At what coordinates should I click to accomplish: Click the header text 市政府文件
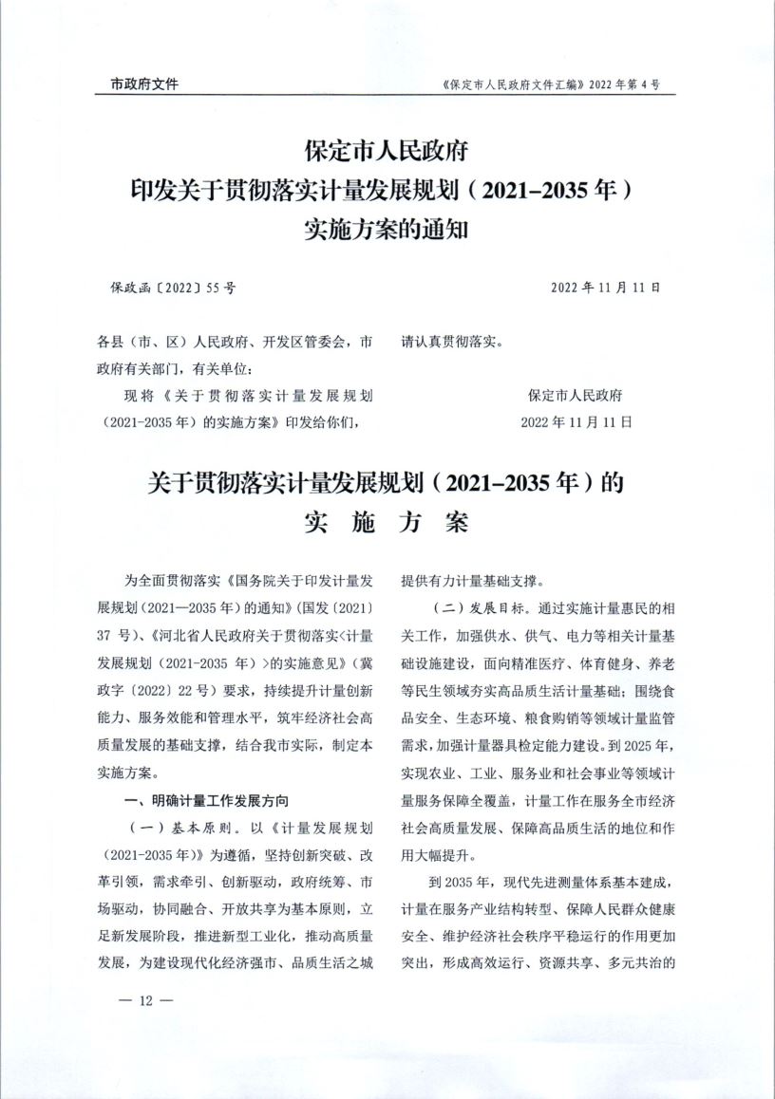pyautogui.click(x=138, y=84)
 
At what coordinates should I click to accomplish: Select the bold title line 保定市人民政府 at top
pyautogui.click(x=387, y=151)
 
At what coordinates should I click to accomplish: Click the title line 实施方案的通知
pyautogui.click(x=387, y=229)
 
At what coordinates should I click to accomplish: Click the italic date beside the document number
pyautogui.click(x=605, y=286)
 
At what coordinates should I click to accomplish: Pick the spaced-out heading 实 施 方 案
pyautogui.click(x=387, y=523)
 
